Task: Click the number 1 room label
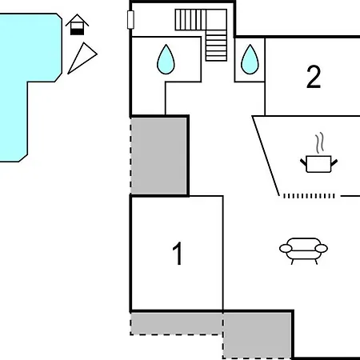coord(178,254)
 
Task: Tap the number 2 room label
coord(314,77)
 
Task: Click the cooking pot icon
coord(319,163)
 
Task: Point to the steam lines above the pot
coord(320,144)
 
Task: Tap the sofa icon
coord(304,250)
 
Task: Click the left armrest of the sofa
coord(286,250)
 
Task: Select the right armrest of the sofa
coord(322,249)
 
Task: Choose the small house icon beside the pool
coord(77,26)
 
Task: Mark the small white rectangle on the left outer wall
coord(130,19)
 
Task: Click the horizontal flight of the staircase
coord(190,18)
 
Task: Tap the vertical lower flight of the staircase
coord(216,46)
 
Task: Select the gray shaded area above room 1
coord(159,156)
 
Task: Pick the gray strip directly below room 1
coord(176,323)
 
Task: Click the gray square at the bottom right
coord(257,334)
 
